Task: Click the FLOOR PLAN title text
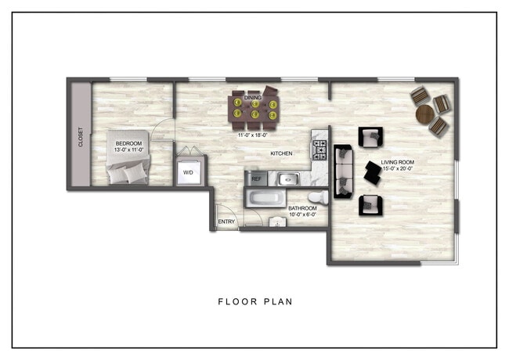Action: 254,301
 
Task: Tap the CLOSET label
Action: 80,138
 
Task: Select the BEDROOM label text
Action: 128,144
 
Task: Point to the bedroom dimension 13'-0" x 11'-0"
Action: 128,150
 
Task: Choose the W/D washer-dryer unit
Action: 189,172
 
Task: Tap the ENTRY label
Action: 226,221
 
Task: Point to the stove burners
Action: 319,149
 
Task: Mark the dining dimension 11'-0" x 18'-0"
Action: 254,135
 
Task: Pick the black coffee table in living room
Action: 372,172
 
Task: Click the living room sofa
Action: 342,171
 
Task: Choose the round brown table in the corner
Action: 425,114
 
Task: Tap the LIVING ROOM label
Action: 398,162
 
